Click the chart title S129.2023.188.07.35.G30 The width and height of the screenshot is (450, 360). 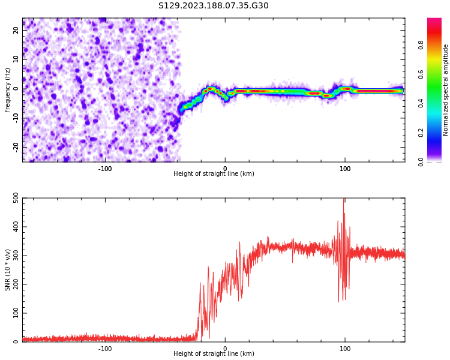[x=214, y=6]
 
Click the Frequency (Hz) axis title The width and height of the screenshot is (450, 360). [x=8, y=90]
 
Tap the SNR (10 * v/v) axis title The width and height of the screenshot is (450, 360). [x=8, y=270]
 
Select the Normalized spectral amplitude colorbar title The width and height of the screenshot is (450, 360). [x=446, y=90]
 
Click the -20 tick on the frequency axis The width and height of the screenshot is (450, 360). [x=15, y=147]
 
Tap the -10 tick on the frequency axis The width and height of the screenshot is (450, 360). [x=15, y=118]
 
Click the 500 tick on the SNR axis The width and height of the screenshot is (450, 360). [x=13, y=199]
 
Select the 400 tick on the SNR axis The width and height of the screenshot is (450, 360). [x=13, y=227]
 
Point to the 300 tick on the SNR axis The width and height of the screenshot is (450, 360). [x=13, y=256]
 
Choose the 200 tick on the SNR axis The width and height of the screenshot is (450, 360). [x=13, y=285]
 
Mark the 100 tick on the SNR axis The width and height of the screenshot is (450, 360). [x=13, y=314]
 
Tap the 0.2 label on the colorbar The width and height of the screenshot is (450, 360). [x=421, y=133]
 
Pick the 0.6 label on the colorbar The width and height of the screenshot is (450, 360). [x=421, y=74]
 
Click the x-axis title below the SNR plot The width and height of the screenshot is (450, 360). [x=214, y=354]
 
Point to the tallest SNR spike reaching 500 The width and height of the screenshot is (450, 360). [x=344, y=200]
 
